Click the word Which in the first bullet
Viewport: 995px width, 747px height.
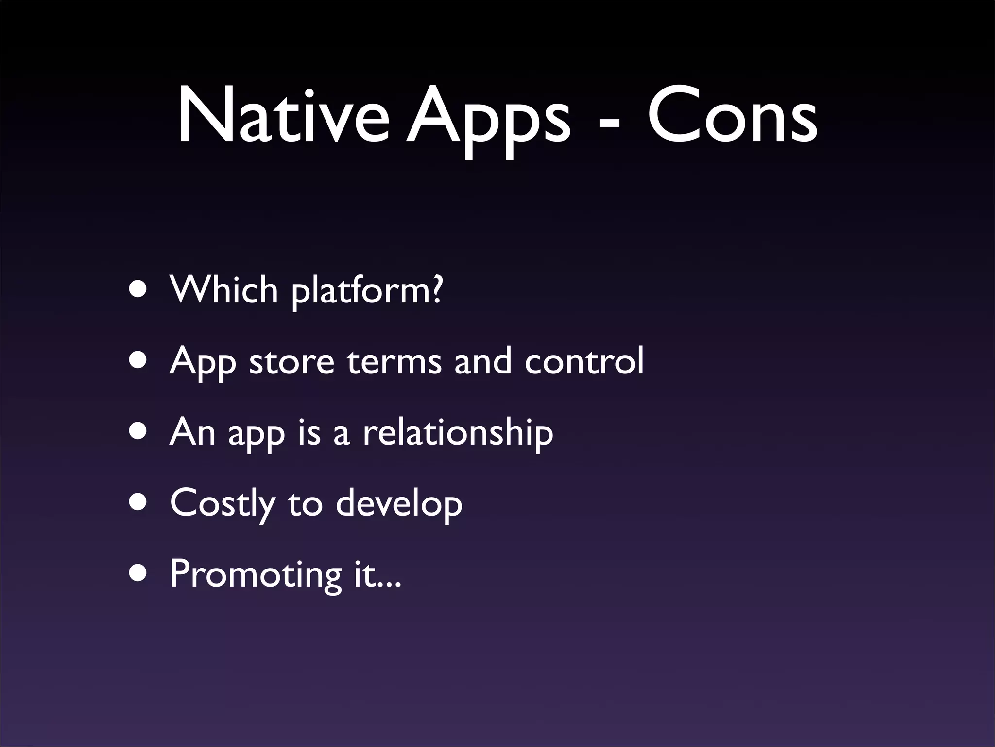pos(223,289)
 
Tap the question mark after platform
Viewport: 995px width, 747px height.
pos(436,289)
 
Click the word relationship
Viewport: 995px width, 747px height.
pos(458,432)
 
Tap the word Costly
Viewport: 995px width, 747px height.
pos(223,504)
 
